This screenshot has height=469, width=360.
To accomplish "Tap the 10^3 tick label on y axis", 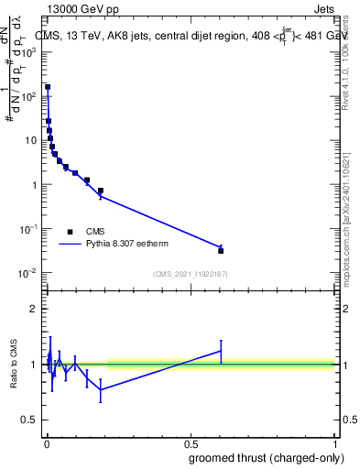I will tap(28, 51).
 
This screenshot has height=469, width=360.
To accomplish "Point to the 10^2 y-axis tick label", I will tap(28, 96).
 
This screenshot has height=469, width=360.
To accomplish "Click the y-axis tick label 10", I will tap(31, 140).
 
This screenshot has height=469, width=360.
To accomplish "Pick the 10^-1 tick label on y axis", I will tap(28, 229).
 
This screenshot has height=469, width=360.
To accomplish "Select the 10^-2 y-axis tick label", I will tap(28, 273).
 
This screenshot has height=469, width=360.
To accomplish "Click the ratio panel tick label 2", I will tap(34, 309).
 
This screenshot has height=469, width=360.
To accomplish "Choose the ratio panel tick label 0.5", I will tap(30, 420).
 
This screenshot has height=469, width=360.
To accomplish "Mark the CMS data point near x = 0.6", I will tap(221, 250).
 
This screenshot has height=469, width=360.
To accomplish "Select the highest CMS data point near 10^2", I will tap(48, 88).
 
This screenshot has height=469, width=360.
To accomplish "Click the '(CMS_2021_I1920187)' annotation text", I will tap(190, 274).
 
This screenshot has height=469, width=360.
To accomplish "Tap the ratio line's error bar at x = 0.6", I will tap(221, 351).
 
